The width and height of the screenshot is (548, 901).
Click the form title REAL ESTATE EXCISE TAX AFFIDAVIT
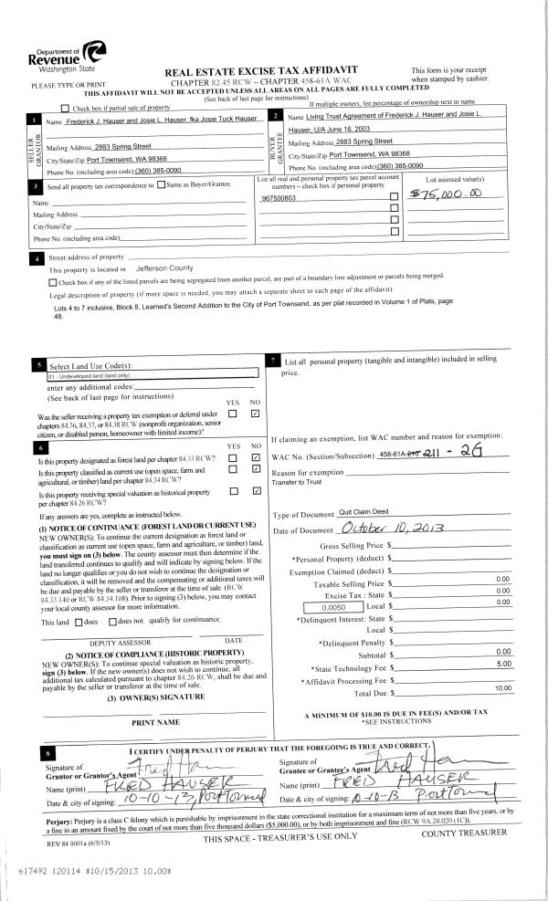pos(259,70)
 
